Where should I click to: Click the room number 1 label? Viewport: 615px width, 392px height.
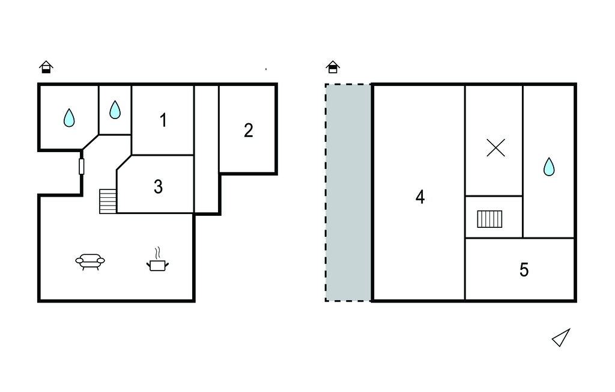click(163, 120)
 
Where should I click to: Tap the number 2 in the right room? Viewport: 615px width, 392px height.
click(248, 130)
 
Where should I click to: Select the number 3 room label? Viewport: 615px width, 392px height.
click(158, 187)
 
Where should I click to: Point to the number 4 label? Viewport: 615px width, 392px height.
click(420, 197)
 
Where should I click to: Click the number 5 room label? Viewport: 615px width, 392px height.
click(524, 270)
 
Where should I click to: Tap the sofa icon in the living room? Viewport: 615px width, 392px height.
click(90, 262)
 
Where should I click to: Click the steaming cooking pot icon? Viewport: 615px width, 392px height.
click(158, 259)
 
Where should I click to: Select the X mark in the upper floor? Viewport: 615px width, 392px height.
click(495, 148)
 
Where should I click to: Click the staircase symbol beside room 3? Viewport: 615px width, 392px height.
click(108, 201)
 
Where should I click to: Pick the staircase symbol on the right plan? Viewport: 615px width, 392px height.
click(489, 219)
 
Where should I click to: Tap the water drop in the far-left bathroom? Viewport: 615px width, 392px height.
click(69, 118)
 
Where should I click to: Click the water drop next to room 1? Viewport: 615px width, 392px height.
click(115, 109)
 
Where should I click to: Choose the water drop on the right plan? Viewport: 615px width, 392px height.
click(549, 167)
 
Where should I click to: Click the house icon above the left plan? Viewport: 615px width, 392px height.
click(46, 67)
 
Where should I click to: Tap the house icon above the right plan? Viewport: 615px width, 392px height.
click(333, 67)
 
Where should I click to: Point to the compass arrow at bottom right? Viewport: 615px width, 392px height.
click(561, 338)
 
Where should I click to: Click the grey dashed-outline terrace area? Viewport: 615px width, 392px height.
click(348, 192)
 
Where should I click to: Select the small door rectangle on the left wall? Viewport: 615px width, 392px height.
click(82, 167)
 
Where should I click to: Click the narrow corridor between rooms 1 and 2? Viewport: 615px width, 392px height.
click(207, 149)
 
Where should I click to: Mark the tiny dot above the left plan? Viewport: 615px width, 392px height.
click(266, 69)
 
